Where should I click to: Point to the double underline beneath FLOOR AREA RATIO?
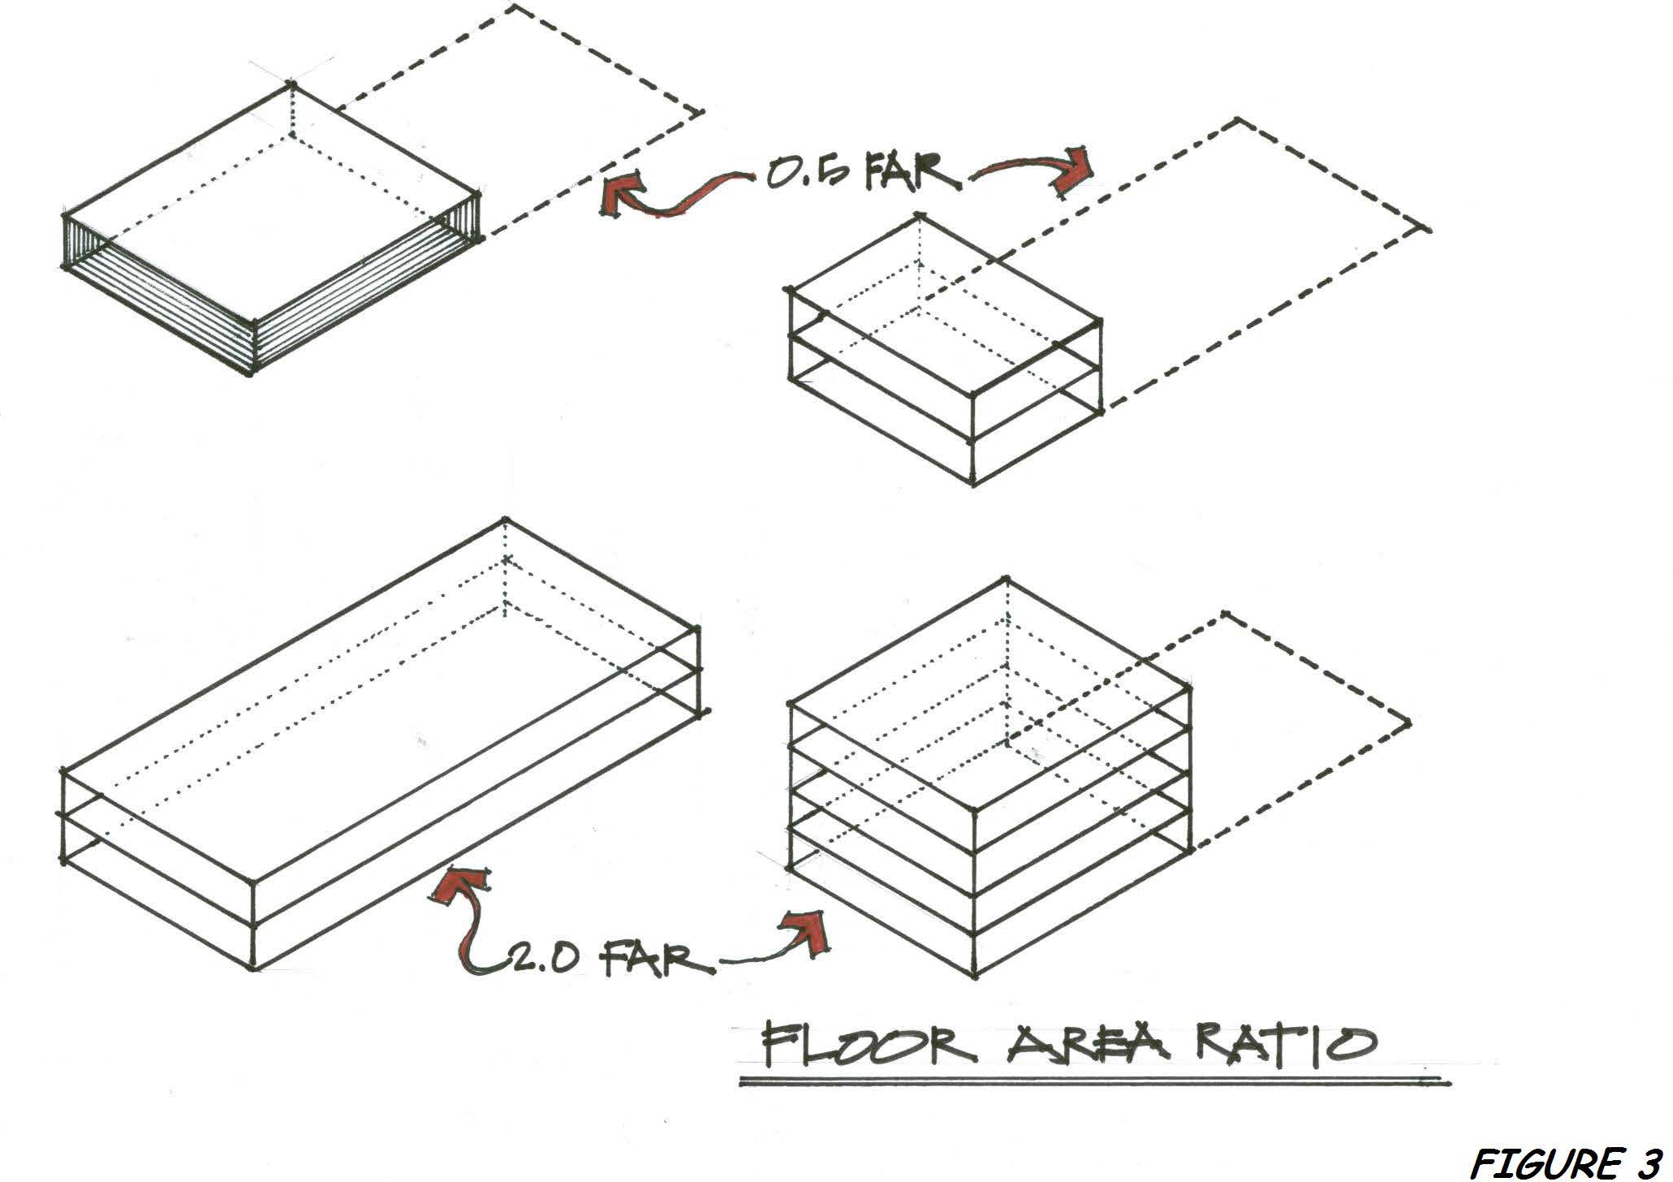point(1093,1080)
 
